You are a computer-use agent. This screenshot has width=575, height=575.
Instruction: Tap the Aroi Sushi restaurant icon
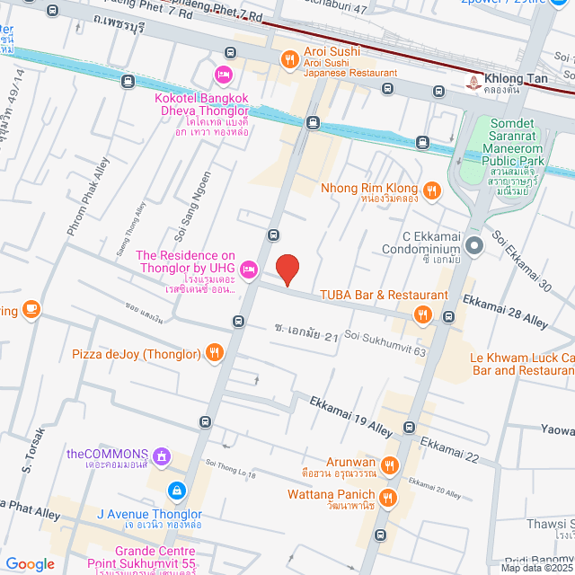(x=288, y=60)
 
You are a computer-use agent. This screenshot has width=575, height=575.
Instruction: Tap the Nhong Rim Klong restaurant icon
(x=432, y=190)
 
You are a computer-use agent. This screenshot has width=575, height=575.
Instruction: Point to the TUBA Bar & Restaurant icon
(x=422, y=314)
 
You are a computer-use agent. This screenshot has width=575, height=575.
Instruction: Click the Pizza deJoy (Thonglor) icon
(x=214, y=352)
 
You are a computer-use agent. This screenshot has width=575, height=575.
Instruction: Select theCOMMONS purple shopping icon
(x=161, y=455)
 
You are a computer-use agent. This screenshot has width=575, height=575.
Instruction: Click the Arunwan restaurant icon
(x=389, y=464)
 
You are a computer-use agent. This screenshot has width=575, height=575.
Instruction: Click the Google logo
(x=30, y=563)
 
